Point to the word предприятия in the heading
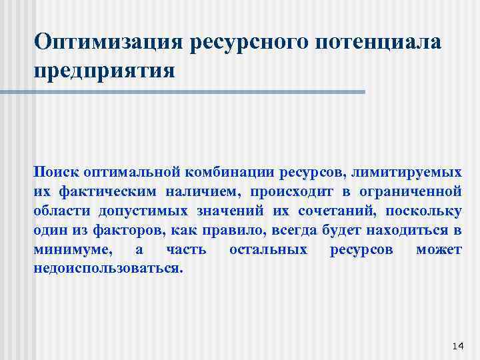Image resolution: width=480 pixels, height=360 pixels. click(x=104, y=69)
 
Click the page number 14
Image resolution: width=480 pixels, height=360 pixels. click(x=457, y=345)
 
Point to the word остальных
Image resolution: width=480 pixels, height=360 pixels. click(x=268, y=250)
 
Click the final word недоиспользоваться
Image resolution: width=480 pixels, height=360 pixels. click(x=107, y=270)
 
